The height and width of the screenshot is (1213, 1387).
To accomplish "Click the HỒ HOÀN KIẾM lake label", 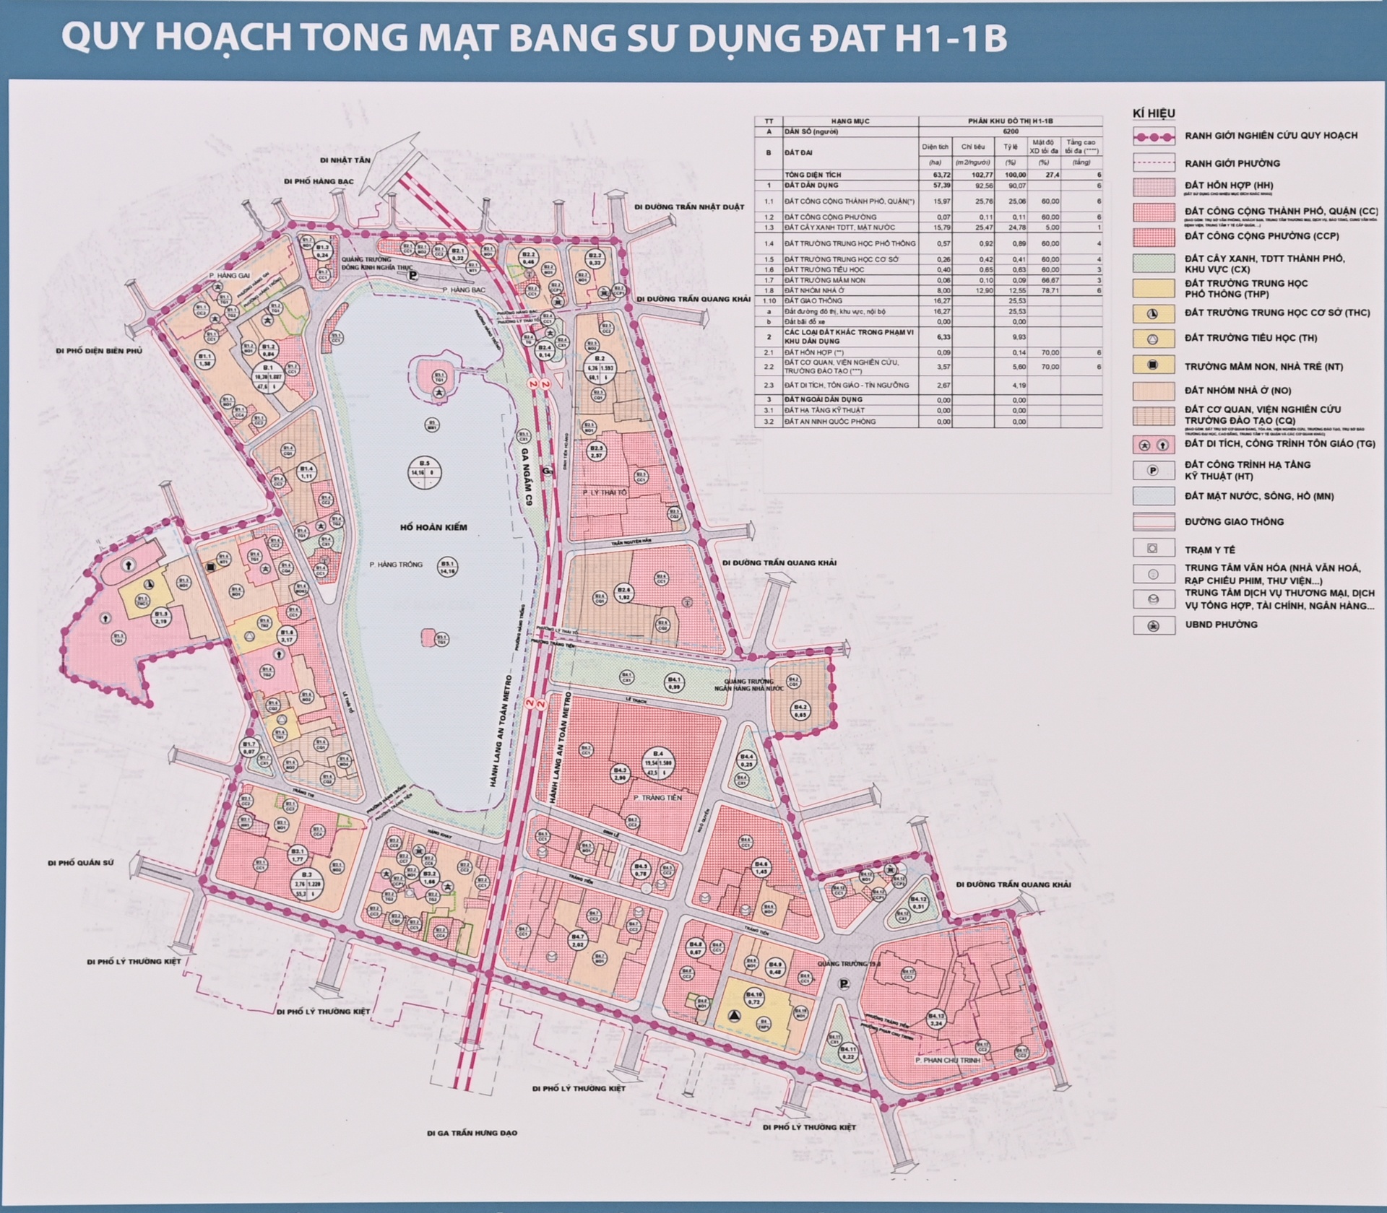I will click(433, 527).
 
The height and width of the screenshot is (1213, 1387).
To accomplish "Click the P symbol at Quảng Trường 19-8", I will click(844, 983).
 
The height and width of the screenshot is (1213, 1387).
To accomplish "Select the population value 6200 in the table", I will click(1011, 132).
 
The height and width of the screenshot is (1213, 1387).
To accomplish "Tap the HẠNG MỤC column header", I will click(850, 121).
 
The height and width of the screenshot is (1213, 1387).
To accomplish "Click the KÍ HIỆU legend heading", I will click(1154, 113).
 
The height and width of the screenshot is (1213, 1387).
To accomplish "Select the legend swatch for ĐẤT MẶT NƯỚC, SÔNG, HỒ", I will click(1153, 496).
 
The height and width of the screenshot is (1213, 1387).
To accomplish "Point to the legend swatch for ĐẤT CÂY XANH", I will click(1153, 263).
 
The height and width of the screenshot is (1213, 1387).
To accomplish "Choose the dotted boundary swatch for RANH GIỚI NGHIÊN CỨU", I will click(1153, 136).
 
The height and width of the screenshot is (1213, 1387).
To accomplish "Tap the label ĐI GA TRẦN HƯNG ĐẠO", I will click(472, 1133).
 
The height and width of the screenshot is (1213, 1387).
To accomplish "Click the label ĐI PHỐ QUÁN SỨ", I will click(81, 863).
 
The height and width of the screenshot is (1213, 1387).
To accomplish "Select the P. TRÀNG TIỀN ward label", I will click(657, 797).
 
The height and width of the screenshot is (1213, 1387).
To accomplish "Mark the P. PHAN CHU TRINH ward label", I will click(947, 1060).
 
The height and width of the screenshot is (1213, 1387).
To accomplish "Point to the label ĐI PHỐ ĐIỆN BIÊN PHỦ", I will click(99, 351).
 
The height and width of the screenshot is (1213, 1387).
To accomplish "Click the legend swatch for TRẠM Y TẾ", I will click(1153, 549).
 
